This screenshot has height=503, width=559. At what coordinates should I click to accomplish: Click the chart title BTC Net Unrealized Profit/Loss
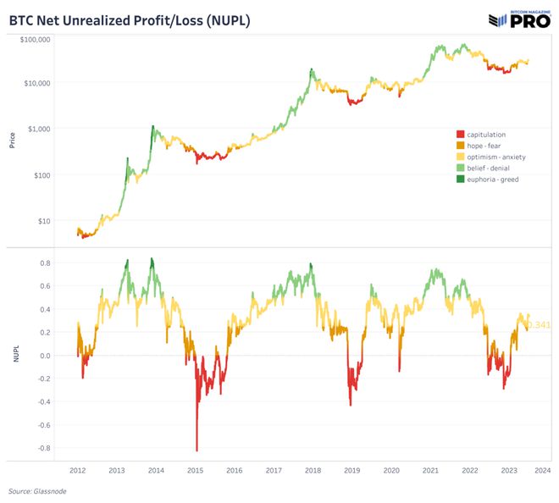pyautogui.click(x=129, y=18)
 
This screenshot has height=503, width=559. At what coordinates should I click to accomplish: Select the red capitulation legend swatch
pyautogui.click(x=460, y=135)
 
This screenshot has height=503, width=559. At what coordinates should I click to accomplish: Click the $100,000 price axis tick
pyautogui.click(x=36, y=40)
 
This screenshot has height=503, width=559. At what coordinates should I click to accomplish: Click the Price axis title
pyautogui.click(x=12, y=141)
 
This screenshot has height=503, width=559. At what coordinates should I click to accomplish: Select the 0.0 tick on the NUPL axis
pyautogui.click(x=45, y=356)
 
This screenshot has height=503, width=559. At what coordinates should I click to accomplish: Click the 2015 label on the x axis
pyautogui.click(x=195, y=470)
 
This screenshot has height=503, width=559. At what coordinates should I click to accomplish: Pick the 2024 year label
pyautogui.click(x=543, y=470)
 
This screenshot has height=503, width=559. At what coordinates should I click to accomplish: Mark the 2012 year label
pyautogui.click(x=78, y=470)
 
